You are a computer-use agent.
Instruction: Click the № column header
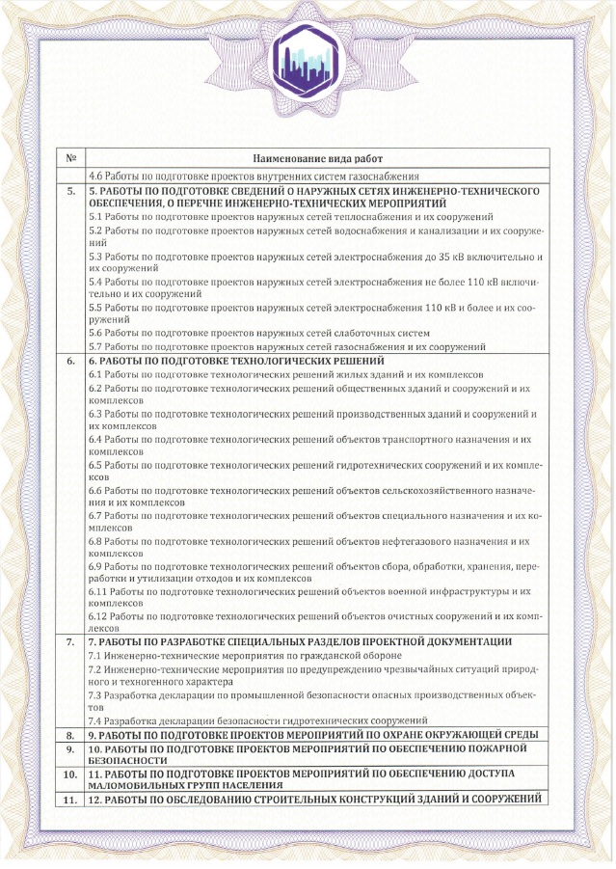point(70,156)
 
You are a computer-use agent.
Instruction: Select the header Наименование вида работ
point(317,156)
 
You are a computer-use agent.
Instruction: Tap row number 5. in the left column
point(70,191)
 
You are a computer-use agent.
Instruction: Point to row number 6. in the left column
point(70,360)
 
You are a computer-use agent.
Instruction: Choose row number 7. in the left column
point(70,641)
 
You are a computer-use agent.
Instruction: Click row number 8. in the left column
point(70,734)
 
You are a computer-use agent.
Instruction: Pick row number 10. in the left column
point(70,774)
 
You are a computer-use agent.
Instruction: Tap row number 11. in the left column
point(70,799)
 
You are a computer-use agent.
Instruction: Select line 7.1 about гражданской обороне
point(240,655)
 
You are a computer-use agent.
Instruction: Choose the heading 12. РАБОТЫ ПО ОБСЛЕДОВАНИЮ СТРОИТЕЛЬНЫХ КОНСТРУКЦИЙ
point(312,799)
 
